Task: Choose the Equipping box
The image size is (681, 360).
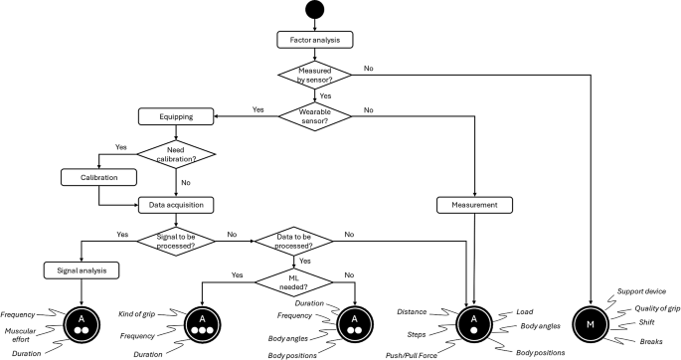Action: [180, 115]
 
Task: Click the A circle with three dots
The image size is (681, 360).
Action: [203, 321]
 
